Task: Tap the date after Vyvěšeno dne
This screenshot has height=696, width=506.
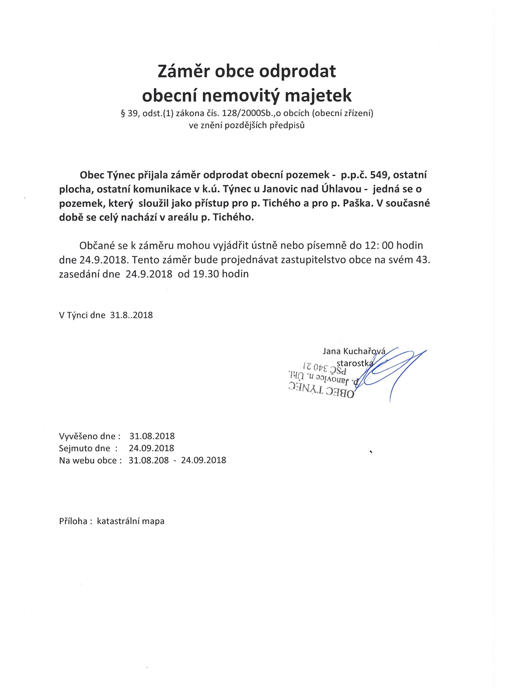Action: click(152, 436)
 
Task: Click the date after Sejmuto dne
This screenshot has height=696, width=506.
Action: click(151, 448)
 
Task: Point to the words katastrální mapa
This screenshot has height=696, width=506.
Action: click(131, 521)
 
